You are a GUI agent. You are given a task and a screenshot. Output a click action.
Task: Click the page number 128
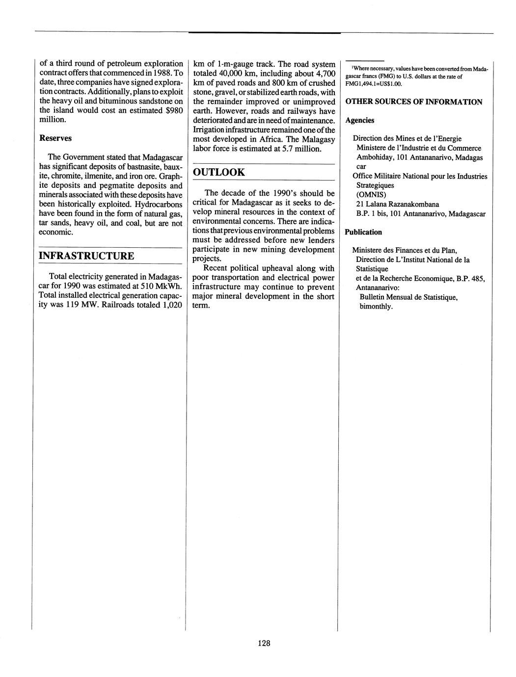coord(264,643)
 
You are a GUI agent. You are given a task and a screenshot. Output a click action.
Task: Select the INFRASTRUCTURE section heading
coord(86,256)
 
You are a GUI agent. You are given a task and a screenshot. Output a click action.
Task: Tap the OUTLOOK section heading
coord(219,172)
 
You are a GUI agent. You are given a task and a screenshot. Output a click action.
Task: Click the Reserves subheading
coord(55,138)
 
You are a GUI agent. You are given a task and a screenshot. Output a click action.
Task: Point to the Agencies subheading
coord(360,120)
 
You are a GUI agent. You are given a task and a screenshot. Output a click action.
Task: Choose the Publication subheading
coord(363,232)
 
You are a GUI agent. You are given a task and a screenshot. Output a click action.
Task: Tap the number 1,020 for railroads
coord(172,305)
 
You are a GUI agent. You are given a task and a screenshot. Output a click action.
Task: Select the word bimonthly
coord(376,307)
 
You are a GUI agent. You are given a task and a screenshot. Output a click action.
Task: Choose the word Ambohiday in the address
coord(375,157)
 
